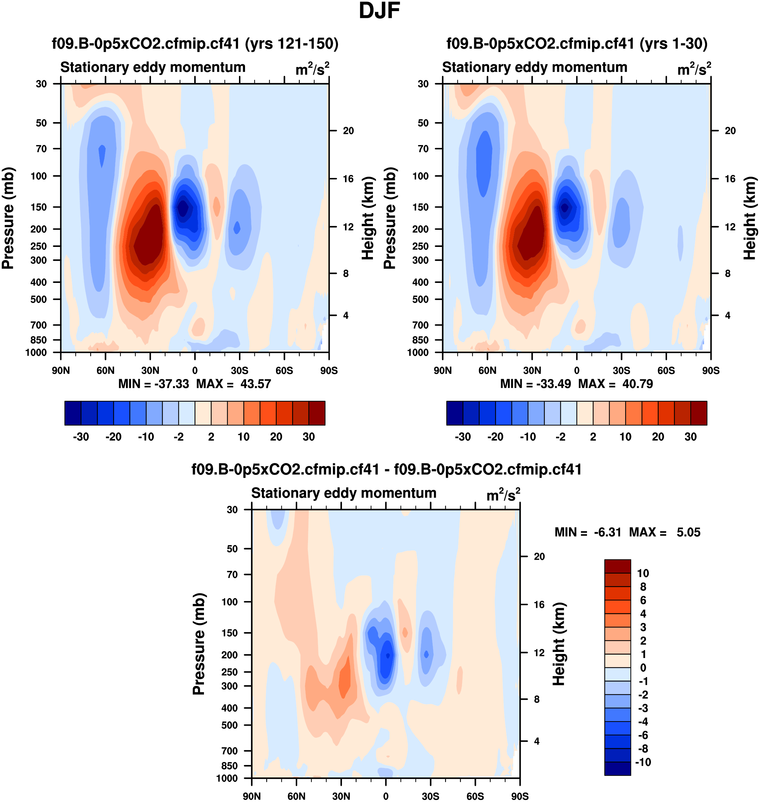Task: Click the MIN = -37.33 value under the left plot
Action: [153, 384]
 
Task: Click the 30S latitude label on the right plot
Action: [621, 370]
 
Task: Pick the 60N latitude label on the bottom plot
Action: [297, 796]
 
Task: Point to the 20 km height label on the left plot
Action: [348, 131]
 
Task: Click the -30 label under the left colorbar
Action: [81, 437]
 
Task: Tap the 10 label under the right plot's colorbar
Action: [625, 437]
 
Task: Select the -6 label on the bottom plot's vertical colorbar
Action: [643, 735]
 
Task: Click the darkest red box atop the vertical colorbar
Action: [617, 566]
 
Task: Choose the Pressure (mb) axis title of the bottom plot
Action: [199, 644]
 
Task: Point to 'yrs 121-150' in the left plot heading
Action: [292, 43]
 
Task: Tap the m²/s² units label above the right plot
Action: [694, 69]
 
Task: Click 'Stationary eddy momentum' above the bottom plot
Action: [344, 493]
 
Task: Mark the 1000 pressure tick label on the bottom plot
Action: [227, 778]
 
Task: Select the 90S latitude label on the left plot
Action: [329, 370]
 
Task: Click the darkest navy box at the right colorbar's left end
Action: [454, 413]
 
